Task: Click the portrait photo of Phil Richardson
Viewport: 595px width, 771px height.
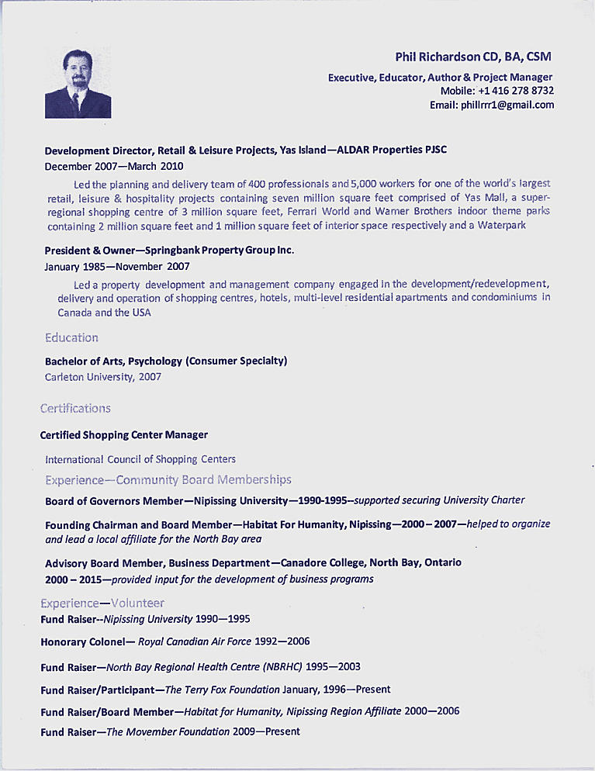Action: (78, 84)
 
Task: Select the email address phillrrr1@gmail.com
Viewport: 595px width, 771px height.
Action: (507, 105)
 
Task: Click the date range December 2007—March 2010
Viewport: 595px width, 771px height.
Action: (114, 166)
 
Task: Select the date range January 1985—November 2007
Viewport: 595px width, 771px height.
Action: (117, 266)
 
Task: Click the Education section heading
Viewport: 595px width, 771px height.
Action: (71, 337)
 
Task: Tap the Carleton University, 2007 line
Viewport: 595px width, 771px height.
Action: (103, 377)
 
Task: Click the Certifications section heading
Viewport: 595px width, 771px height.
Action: (75, 408)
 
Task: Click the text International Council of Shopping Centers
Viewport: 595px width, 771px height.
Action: (140, 459)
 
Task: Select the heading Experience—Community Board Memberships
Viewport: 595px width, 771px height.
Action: (168, 479)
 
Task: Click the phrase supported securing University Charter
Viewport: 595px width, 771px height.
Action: (439, 500)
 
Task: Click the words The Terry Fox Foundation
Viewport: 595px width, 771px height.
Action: (222, 690)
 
